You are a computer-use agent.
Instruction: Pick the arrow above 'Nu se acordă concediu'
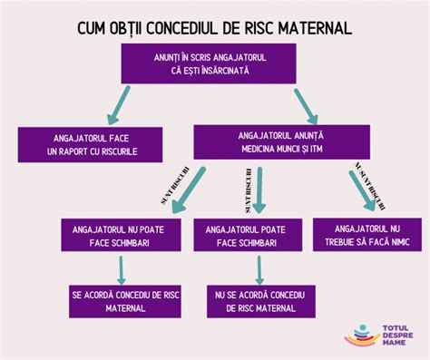(x=259, y=268)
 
